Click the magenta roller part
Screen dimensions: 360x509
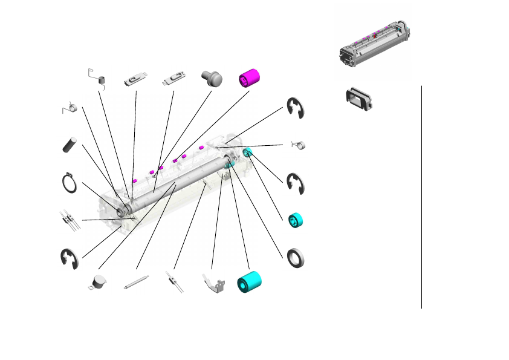249,78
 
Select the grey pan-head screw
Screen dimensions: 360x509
212,77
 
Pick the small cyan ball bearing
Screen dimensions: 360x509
295,220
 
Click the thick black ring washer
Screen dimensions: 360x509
296,257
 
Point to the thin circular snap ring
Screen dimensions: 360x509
70,183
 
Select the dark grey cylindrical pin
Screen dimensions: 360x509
71,145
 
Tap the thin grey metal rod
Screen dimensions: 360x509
136,283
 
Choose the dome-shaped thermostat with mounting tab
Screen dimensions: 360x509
96,283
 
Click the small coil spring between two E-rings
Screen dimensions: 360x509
299,145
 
